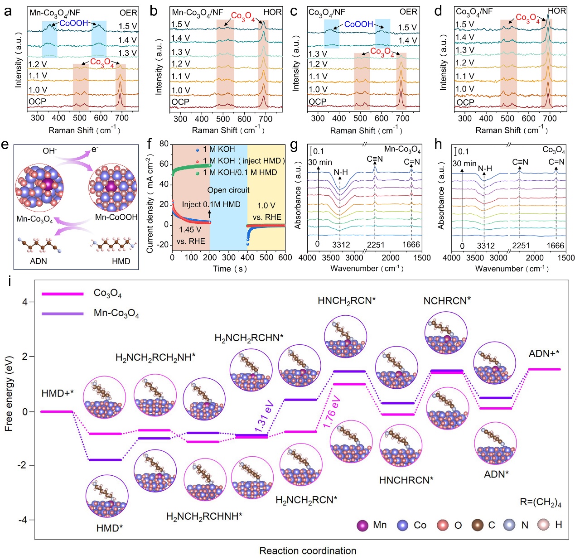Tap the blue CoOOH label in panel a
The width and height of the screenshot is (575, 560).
click(x=73, y=23)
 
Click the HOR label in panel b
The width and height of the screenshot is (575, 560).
click(x=272, y=12)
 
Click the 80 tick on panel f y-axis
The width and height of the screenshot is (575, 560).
click(x=164, y=144)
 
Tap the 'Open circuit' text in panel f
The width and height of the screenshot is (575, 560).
click(x=228, y=190)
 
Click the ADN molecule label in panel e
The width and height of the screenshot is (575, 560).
click(x=38, y=261)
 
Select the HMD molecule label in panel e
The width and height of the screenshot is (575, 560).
click(x=121, y=261)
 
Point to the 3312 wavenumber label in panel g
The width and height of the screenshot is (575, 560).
click(x=341, y=245)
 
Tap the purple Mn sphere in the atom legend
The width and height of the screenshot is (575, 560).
click(x=362, y=526)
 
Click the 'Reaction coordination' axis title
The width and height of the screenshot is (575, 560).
click(x=308, y=551)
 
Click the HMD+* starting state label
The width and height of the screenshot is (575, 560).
click(x=57, y=393)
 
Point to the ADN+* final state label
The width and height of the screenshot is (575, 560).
click(x=544, y=354)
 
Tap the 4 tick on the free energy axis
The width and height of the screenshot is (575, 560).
click(x=25, y=302)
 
